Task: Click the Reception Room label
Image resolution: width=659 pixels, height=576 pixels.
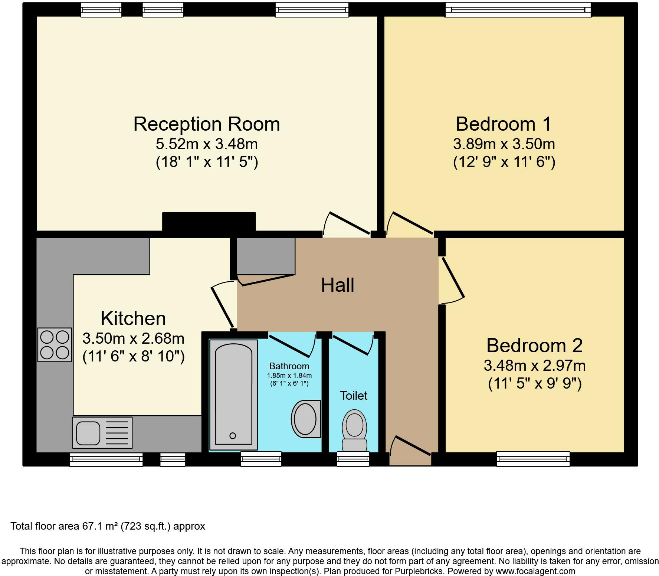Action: (x=206, y=124)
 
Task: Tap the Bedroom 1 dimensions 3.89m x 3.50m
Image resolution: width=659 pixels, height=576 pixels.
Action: (x=504, y=144)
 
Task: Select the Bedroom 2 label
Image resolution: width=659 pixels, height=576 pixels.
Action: (x=534, y=346)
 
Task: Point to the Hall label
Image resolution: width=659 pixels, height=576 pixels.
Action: (x=338, y=285)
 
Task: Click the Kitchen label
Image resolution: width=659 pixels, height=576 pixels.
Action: (x=133, y=318)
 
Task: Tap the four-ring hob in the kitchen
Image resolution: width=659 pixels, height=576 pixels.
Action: (x=55, y=345)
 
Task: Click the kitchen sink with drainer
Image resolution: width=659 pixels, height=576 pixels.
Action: (x=103, y=432)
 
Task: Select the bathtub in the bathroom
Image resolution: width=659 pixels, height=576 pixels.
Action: (x=233, y=394)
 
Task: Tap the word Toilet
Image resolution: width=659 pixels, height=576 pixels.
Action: (x=354, y=396)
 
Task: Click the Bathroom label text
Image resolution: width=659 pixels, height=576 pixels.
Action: (x=289, y=366)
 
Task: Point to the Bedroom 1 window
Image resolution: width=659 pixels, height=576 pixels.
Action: (x=518, y=9)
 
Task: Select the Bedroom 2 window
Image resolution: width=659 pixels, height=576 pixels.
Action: (x=533, y=459)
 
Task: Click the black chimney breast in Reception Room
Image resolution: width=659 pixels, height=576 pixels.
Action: (x=209, y=222)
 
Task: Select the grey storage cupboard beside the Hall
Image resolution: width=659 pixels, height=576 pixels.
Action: (x=266, y=256)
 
